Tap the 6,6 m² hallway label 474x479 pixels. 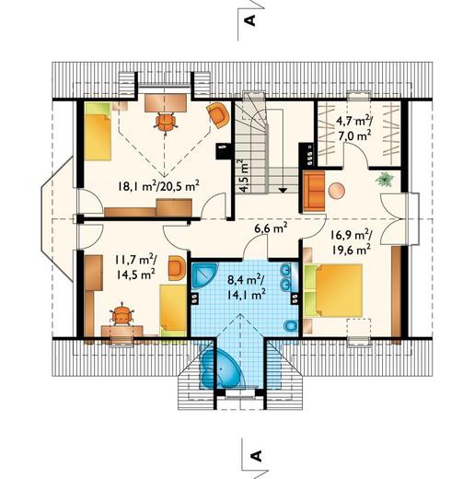click(271, 228)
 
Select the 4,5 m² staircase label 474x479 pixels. click(244, 176)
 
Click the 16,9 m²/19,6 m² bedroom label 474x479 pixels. click(351, 243)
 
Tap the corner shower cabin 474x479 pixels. click(204, 275)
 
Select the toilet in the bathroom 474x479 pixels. click(290, 327)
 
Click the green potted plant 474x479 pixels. click(385, 180)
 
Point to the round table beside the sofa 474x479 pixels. click(337, 191)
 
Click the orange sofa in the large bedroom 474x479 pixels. click(314, 192)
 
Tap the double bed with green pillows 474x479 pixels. click(334, 290)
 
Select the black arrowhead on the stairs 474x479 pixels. click(283, 190)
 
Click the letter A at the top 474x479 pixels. click(249, 20)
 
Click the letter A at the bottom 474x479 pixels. click(256, 456)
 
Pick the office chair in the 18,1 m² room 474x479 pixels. click(166, 122)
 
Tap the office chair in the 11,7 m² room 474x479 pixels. click(122, 315)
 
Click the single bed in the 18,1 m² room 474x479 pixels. click(98, 132)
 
